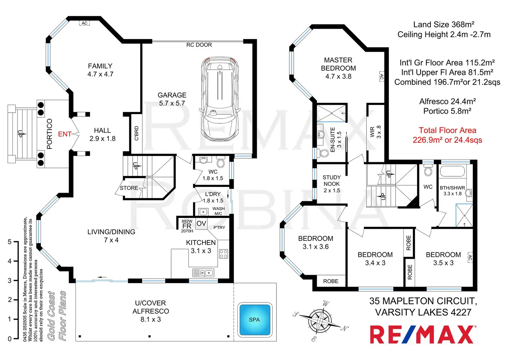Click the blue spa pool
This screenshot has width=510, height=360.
point(255,320)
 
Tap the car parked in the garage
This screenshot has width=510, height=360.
point(220,99)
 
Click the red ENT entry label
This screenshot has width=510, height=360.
point(65,134)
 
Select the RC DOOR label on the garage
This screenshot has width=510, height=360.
point(199,45)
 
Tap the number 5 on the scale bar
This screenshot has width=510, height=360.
point(9,242)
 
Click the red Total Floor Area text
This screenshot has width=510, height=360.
point(447,135)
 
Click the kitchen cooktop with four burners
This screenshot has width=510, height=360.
point(223,254)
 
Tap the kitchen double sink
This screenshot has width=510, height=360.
point(203,273)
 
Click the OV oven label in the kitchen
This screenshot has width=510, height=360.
point(201,223)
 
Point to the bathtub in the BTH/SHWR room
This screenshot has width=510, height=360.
point(452,171)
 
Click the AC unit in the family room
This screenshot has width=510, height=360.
point(84,23)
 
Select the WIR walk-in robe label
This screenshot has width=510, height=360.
point(372,132)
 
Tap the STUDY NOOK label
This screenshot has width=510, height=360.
point(332,181)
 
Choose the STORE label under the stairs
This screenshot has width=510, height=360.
point(129,188)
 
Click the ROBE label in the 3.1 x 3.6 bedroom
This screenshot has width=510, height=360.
point(331,281)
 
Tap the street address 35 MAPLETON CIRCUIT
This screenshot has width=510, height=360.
point(423,301)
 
